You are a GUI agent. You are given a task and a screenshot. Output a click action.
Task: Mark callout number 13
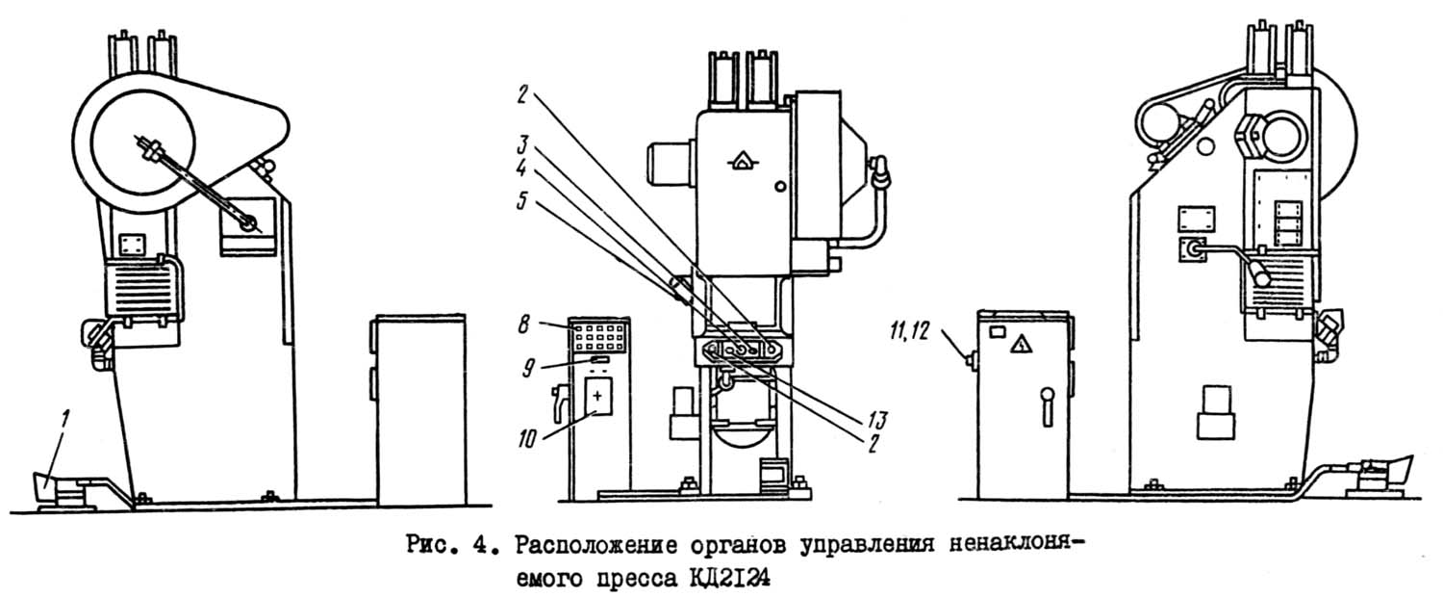pyautogui.click(x=875, y=420)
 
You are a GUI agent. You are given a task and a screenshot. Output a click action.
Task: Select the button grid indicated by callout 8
pyautogui.click(x=598, y=336)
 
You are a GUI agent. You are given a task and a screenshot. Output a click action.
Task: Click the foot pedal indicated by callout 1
pyautogui.click(x=53, y=488)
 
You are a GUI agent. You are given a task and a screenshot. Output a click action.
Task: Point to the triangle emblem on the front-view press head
pyautogui.click(x=740, y=165)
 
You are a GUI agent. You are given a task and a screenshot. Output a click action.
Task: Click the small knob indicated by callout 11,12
pyautogui.click(x=971, y=361)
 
